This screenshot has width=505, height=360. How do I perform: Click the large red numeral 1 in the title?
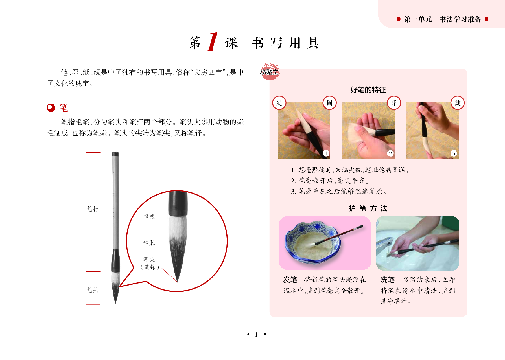[212, 42]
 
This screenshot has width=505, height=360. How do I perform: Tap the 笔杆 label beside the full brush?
[93, 209]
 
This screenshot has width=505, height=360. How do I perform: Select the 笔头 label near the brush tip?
[93, 290]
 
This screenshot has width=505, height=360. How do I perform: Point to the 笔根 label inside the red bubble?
[149, 216]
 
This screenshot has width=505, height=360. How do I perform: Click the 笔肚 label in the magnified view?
[149, 243]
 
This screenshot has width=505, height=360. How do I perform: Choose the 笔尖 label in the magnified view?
[149, 259]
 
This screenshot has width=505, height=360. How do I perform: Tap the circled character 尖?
[279, 103]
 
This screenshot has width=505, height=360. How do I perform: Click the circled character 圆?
[329, 103]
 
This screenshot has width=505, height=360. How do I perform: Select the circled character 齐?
[394, 103]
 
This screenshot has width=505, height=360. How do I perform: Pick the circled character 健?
[458, 103]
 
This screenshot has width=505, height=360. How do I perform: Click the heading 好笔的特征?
[368, 90]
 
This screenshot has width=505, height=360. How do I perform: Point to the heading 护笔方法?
[368, 208]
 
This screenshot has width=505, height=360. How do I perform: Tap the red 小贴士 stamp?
[270, 72]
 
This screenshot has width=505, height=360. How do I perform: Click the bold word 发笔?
[290, 280]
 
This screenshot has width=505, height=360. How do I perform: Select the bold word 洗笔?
[387, 280]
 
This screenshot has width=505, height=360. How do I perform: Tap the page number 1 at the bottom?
[256, 335]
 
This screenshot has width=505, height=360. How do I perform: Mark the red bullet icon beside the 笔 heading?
[51, 108]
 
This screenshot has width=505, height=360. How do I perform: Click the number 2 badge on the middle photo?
[390, 153]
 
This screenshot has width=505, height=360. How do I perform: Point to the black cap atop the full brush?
[115, 154]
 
